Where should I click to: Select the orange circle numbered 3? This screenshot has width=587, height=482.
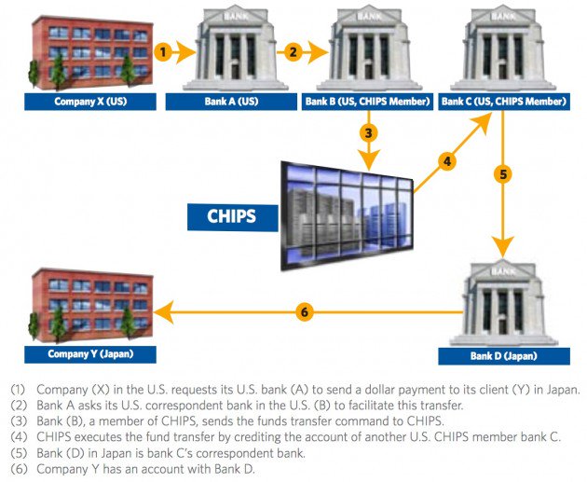click(x=370, y=132)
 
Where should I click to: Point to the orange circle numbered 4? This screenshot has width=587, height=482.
click(x=448, y=161)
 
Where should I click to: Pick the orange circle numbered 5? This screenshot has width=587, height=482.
click(x=503, y=173)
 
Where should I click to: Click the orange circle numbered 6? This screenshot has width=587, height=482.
click(x=304, y=311)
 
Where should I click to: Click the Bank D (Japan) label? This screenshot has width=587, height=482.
click(x=504, y=355)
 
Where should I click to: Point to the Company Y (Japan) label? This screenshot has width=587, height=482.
click(x=90, y=353)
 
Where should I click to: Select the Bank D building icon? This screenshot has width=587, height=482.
click(x=504, y=300)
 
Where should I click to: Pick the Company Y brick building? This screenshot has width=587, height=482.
click(x=90, y=306)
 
